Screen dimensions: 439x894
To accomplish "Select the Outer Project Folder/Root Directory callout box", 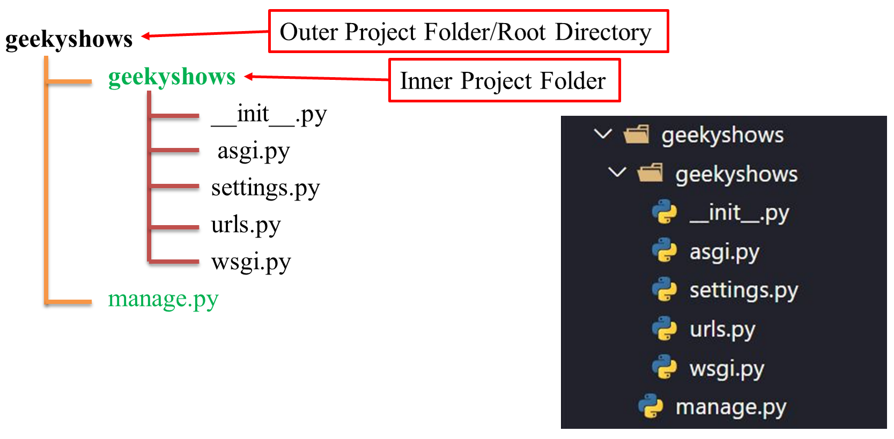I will click(468, 32).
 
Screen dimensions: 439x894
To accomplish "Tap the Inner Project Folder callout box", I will click(504, 81).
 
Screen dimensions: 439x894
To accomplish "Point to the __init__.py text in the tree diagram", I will click(269, 115).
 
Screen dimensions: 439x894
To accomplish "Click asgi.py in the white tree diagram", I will click(253, 152).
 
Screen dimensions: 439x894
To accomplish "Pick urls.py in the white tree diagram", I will click(246, 225).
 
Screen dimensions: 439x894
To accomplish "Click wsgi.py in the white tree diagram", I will click(251, 262).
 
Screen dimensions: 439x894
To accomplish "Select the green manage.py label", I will click(163, 299).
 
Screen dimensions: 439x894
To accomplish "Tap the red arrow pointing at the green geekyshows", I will click(316, 78).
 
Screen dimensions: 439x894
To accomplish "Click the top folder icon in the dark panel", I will click(637, 135).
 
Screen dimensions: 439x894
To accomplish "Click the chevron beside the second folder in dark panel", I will click(618, 173).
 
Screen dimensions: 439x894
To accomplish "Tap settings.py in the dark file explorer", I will click(743, 290).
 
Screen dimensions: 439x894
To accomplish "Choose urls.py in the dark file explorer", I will click(722, 329).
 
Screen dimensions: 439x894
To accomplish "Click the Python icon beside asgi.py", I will click(664, 251).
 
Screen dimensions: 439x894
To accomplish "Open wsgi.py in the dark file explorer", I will click(727, 368).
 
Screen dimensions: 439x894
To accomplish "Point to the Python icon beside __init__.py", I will click(664, 212).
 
